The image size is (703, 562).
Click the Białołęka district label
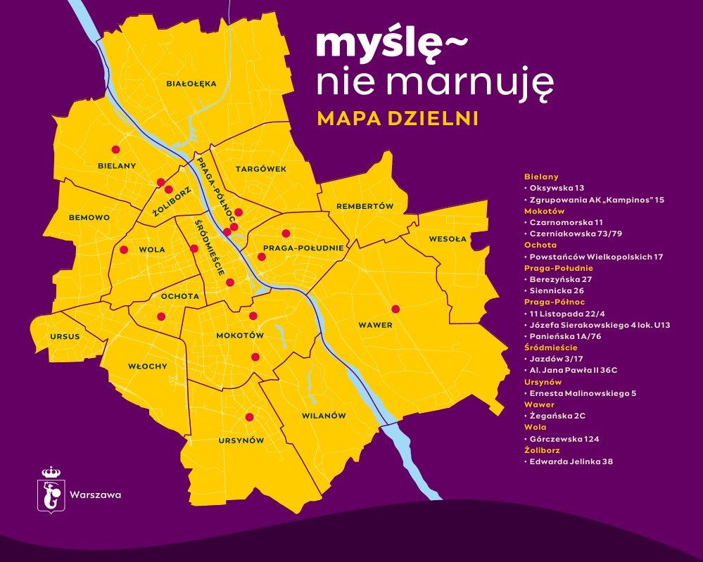[191, 84]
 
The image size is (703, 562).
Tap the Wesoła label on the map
[448, 239]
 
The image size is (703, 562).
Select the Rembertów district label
[364, 206]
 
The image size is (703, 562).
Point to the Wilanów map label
[324, 416]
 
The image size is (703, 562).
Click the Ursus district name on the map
[65, 336]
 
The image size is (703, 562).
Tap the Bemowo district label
[89, 218]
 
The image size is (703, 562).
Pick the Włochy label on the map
[148, 366]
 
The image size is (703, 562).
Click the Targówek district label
[261, 170]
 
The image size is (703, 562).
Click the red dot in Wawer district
[395, 309]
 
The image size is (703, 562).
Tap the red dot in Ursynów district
[249, 417]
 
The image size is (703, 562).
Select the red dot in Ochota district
[161, 316]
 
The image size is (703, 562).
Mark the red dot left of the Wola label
[124, 250]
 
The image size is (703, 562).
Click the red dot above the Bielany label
[115, 149]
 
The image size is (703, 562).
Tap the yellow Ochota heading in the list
[540, 245]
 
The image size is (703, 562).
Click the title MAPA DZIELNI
[398, 118]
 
